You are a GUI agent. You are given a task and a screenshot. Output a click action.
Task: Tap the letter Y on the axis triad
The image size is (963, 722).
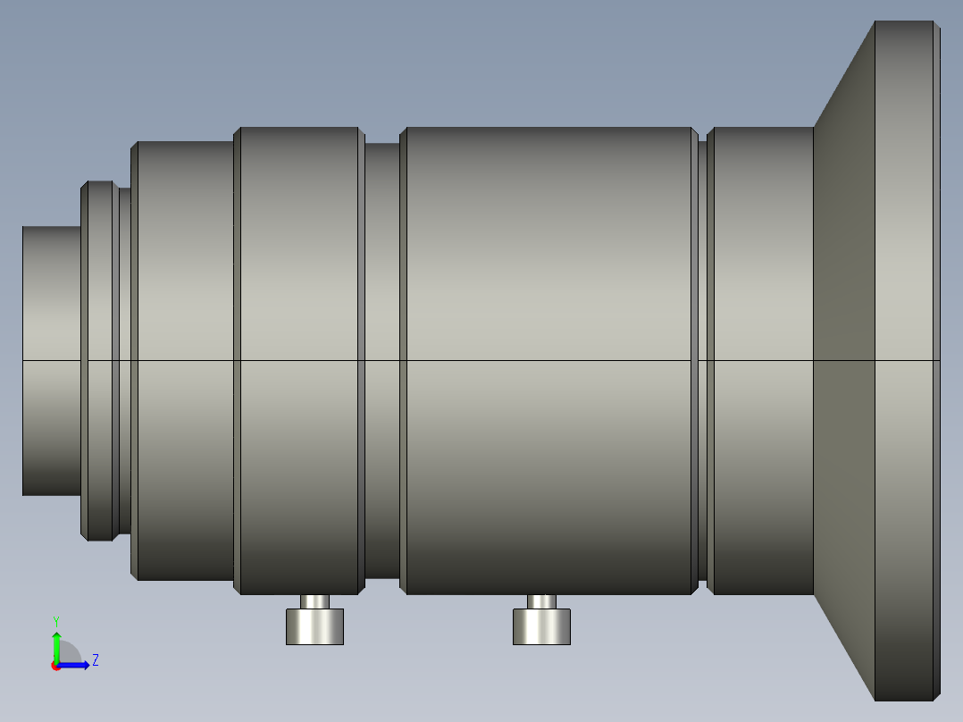click(56, 622)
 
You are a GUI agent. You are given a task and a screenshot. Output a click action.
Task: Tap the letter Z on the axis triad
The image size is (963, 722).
click(96, 660)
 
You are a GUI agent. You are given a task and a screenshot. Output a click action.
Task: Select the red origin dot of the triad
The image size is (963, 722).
click(56, 667)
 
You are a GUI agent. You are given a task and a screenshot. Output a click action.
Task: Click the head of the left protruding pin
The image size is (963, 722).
click(315, 626)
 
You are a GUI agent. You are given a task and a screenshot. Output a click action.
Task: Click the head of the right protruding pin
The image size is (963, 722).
click(541, 626)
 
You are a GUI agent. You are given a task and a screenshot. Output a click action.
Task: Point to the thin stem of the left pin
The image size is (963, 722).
click(315, 601)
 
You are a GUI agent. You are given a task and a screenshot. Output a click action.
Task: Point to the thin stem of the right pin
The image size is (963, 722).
click(541, 601)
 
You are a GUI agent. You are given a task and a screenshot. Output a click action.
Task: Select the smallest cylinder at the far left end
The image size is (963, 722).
click(52, 361)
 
